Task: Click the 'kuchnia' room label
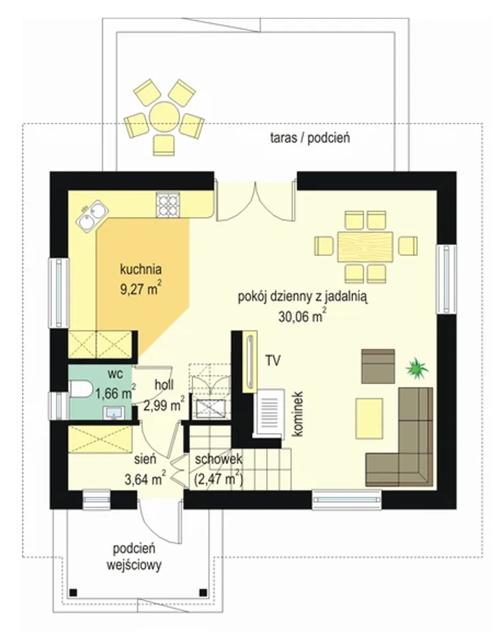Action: point(141,269)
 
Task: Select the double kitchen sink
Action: point(93,217)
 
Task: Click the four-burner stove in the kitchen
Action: point(168,205)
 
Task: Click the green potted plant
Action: point(417,368)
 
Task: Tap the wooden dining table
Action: point(365,247)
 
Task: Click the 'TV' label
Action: point(273,361)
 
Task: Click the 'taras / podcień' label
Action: point(310,138)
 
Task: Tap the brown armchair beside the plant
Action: point(378,366)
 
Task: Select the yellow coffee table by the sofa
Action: point(369,418)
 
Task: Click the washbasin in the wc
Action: point(113,413)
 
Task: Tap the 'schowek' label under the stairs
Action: point(218,459)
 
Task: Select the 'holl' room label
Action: point(164,385)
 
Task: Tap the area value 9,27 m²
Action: point(141,289)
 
